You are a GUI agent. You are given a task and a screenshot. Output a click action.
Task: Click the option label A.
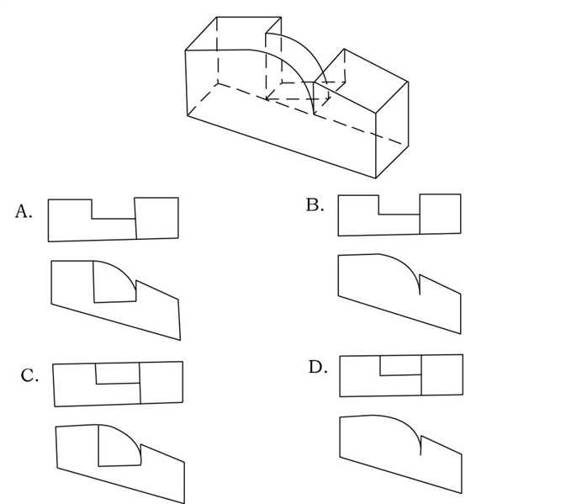tap(24, 211)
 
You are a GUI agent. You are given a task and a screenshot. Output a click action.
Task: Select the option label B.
tap(315, 204)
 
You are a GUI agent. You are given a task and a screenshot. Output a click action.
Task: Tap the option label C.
tap(29, 375)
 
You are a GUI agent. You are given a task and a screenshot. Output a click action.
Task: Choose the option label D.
tap(318, 367)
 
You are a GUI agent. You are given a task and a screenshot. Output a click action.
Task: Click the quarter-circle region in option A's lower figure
tap(111, 285)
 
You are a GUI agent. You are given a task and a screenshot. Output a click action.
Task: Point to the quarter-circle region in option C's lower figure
tap(117, 448)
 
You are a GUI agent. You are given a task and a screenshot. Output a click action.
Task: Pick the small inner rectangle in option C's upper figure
tap(118, 373)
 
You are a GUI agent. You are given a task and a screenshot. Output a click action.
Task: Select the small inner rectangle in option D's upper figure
tap(401, 365)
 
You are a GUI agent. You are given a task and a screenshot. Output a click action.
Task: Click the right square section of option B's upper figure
tap(441, 214)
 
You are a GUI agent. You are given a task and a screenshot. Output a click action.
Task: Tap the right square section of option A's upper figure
tap(157, 218)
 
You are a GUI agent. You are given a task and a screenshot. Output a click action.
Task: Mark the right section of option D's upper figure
tap(442, 374)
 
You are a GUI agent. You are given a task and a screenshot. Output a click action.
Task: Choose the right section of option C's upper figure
tap(161, 382)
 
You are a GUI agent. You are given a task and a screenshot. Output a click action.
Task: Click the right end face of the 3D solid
tap(392, 130)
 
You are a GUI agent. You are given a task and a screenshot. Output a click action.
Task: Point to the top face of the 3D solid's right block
tap(361, 80)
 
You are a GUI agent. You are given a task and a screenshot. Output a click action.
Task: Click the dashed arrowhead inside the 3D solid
tap(268, 98)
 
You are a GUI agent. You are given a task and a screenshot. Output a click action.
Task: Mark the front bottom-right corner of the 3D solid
tap(376, 178)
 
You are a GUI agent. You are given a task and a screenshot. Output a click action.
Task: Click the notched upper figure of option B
tap(399, 215)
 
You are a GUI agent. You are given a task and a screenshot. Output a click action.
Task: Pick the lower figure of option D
tap(401, 454)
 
